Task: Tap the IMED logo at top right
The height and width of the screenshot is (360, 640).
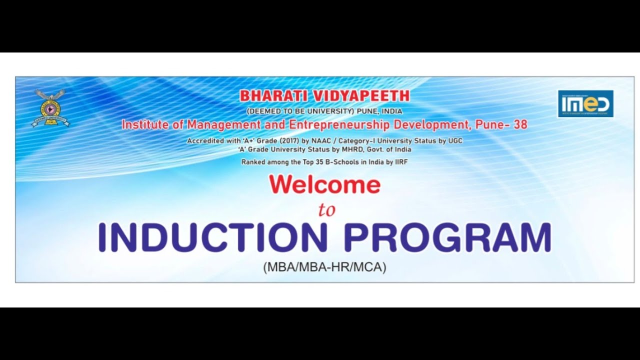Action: tap(585, 103)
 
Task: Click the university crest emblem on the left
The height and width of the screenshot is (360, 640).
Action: tap(50, 107)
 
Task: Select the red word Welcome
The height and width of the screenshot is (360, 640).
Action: tap(325, 185)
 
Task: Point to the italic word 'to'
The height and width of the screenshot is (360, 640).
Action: tap(326, 210)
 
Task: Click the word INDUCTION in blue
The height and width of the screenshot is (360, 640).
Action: tap(212, 238)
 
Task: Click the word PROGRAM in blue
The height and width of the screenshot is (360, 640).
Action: tap(448, 238)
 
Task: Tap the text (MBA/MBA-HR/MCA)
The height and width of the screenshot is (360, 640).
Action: tap(325, 267)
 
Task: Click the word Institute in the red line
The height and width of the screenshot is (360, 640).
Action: tap(145, 125)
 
